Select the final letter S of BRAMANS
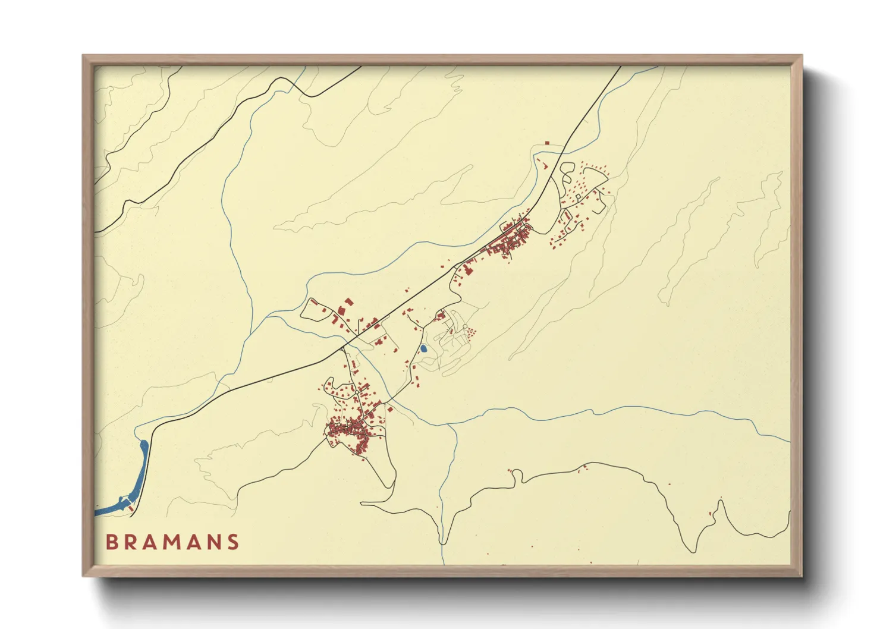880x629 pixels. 234,542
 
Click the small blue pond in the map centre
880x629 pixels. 423,348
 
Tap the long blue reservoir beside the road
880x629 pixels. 142,470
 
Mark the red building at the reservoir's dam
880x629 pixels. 131,508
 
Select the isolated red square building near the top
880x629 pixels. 547,143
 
